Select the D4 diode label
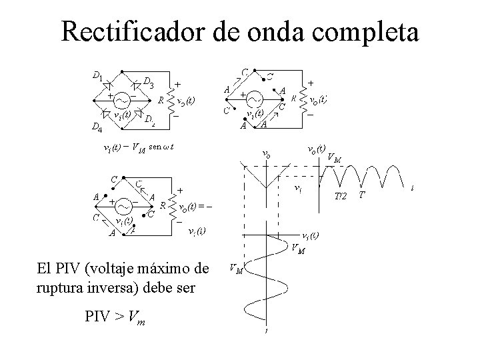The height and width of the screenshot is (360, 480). coord(97,127)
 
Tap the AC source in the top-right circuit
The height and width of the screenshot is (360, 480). coord(255,98)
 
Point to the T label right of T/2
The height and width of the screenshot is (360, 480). coord(362,195)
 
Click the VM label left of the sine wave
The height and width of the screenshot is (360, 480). coord(235,269)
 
